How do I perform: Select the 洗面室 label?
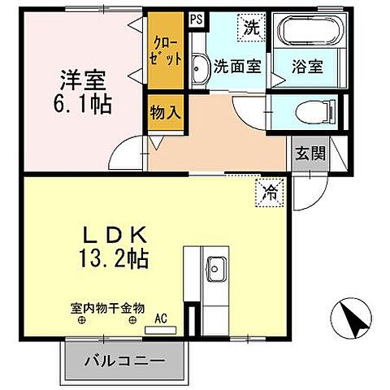click(236, 67)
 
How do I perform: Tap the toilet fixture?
click(323, 110)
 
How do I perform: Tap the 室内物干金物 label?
click(106, 309)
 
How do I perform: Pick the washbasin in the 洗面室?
click(200, 70)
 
